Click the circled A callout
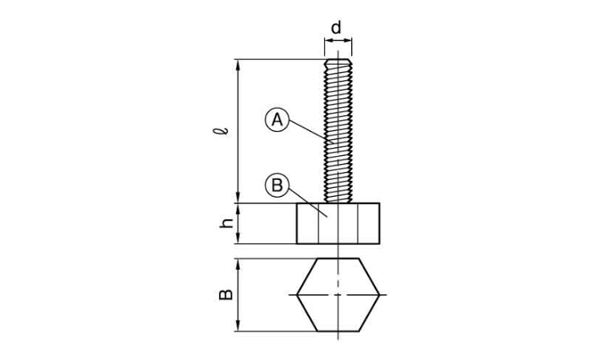pyautogui.click(x=277, y=120)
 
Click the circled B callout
pyautogui.click(x=277, y=186)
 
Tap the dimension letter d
pyautogui.click(x=335, y=27)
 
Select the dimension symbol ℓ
pyautogui.click(x=221, y=131)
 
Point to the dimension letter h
pyautogui.click(x=226, y=223)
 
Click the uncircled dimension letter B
pyautogui.click(x=226, y=294)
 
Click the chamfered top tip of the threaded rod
pyautogui.click(x=338, y=61)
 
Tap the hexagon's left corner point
pyautogui.click(x=298, y=295)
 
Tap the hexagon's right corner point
pyautogui.click(x=379, y=295)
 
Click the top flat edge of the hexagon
pyautogui.click(x=338, y=259)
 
